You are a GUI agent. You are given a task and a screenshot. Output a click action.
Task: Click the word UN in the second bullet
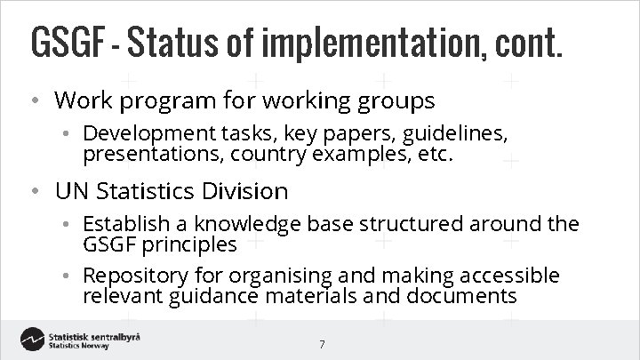pos(71,191)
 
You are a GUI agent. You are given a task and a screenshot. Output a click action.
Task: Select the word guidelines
pos(454,133)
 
